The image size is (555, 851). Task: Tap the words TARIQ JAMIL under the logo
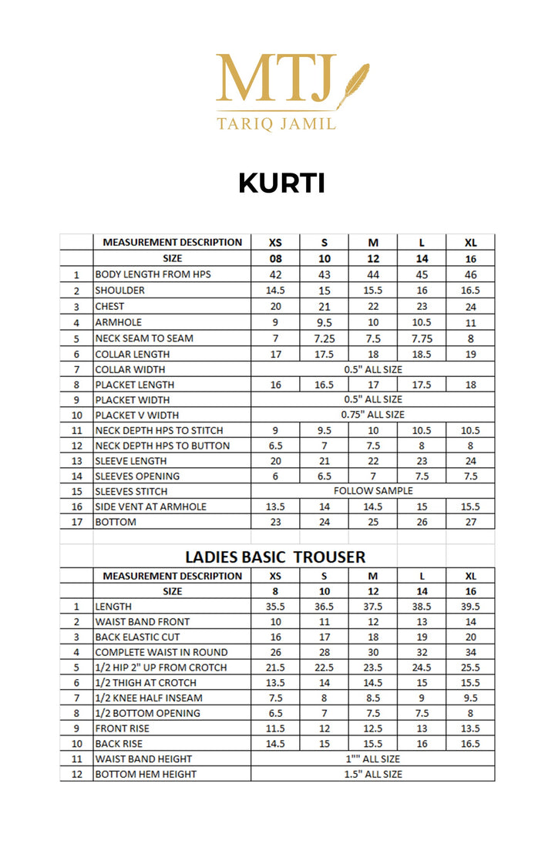coord(277,123)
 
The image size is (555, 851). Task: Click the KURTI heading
coord(281,183)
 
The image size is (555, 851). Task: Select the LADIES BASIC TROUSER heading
coord(275,557)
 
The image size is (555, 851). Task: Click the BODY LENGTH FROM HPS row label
coord(153,274)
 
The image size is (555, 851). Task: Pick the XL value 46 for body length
coord(470,274)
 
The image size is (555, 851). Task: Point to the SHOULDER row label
coord(119,291)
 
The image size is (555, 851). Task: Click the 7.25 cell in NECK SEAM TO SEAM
coord(325,338)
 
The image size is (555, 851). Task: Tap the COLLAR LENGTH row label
coord(133,355)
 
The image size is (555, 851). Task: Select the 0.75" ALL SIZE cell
coord(373,415)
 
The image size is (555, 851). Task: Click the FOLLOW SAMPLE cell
coord(373,491)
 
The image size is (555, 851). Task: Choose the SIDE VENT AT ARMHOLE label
coord(151,506)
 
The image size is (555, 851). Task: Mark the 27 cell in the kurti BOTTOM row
coord(470,522)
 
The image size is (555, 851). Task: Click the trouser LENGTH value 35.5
coord(276,607)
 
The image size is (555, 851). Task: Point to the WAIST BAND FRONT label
coord(142,621)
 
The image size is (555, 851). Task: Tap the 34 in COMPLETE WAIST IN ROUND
coord(470,652)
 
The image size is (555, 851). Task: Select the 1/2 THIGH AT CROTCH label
coord(146,682)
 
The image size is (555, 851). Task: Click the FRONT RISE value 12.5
coord(373,728)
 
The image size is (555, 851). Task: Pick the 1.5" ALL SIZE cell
coord(373,774)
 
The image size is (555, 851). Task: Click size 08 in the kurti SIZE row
coord(276,259)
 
